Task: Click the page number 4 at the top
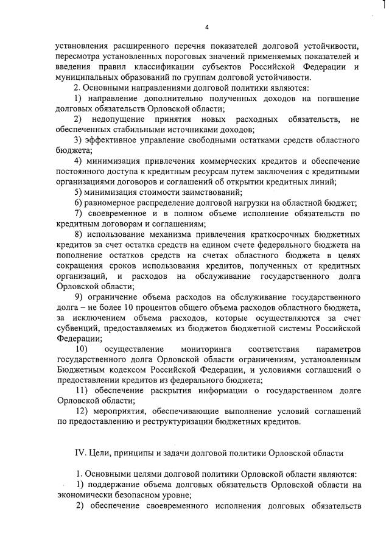[207, 27]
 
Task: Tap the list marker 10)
[82, 350]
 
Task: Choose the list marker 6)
[79, 203]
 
